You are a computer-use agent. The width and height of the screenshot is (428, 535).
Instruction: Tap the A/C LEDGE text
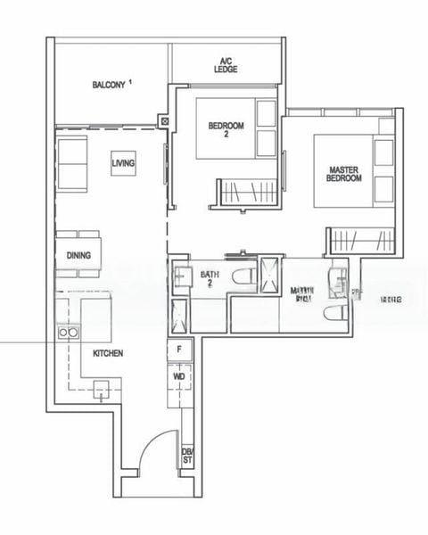226,65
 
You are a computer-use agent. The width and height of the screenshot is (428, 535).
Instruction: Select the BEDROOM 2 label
226,130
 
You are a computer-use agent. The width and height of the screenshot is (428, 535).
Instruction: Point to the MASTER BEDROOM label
344,174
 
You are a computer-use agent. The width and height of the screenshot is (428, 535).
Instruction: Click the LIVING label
123,164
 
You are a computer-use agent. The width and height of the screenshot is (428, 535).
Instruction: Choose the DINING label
78,255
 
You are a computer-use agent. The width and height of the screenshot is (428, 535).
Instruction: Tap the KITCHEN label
108,354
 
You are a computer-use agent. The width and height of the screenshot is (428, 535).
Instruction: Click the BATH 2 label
210,279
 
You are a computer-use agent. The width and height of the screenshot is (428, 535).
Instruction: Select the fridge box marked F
179,350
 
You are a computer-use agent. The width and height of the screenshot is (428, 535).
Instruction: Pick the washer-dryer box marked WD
179,377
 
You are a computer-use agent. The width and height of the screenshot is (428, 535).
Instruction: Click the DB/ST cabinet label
187,457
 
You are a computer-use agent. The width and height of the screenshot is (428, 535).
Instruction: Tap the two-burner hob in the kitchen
67,333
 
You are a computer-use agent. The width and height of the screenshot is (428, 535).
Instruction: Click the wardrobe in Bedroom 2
246,191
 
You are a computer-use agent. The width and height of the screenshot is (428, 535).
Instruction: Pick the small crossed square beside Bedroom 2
164,121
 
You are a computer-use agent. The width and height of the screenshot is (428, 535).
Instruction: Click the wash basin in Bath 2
180,278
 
